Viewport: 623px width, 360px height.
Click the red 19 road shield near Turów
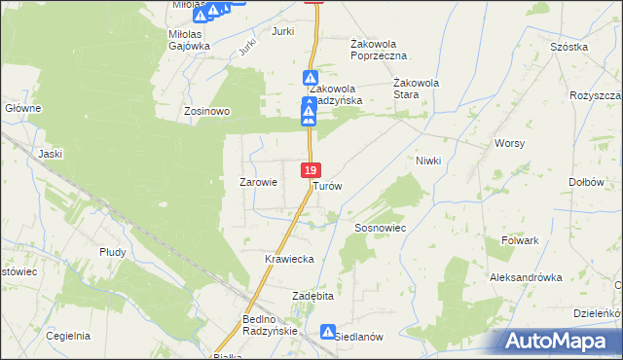[311, 169]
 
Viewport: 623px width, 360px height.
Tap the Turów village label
[327, 185]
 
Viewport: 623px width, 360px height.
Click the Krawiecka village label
[288, 259]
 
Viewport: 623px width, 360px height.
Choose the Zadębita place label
[313, 295]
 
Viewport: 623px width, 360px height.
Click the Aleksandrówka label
[526, 277]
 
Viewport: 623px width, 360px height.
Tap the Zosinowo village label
[207, 111]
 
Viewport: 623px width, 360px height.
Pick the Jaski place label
[50, 153]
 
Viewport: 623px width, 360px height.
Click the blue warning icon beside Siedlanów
[328, 332]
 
